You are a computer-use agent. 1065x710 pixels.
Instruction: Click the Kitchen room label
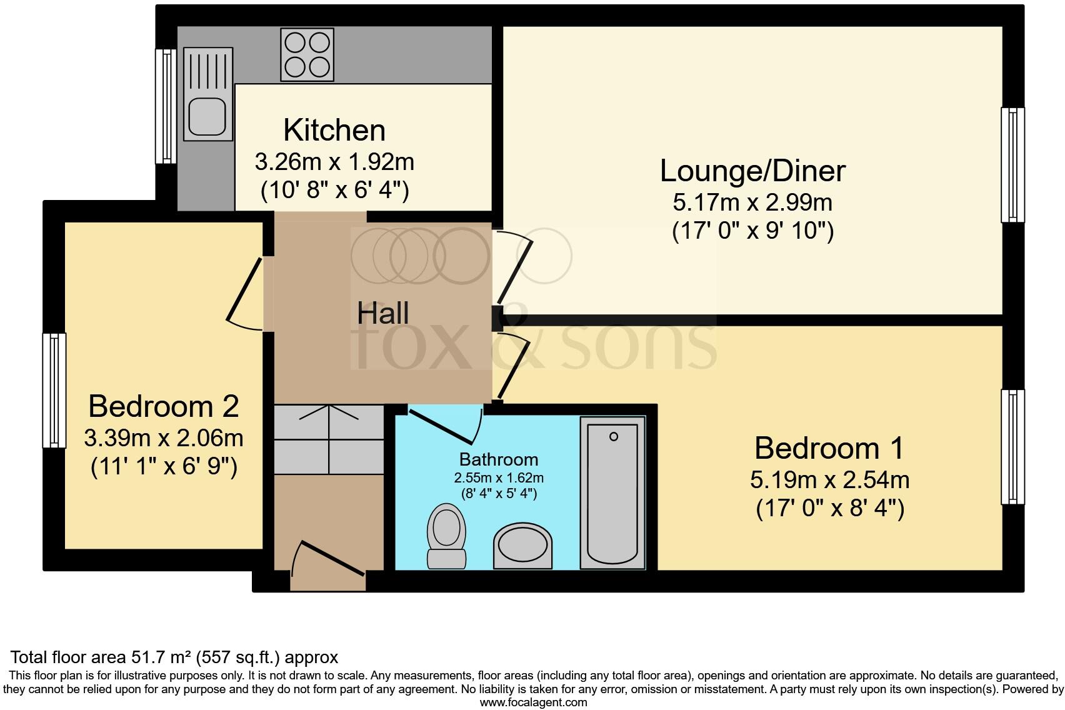[x=334, y=131]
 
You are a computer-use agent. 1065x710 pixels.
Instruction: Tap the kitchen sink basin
[x=207, y=117]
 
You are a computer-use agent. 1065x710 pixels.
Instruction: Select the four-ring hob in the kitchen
[x=307, y=54]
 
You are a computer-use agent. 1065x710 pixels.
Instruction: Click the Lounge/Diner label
[x=752, y=171]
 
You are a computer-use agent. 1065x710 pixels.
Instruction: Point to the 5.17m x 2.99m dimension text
[x=752, y=202]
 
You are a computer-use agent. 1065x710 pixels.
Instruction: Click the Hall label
[x=382, y=313]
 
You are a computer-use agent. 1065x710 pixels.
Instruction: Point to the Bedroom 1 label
[x=829, y=448]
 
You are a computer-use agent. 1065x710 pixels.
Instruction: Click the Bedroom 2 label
[x=163, y=406]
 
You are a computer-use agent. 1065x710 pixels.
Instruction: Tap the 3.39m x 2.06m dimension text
[x=163, y=438]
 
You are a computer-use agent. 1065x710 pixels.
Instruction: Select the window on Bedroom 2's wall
[x=54, y=390]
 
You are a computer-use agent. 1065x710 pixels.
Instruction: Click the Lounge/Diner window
[x=1012, y=165]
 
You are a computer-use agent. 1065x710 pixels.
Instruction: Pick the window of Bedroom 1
[x=1012, y=446]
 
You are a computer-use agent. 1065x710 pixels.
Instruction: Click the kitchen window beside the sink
[x=166, y=106]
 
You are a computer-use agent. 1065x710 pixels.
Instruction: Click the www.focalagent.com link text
[x=533, y=702]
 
